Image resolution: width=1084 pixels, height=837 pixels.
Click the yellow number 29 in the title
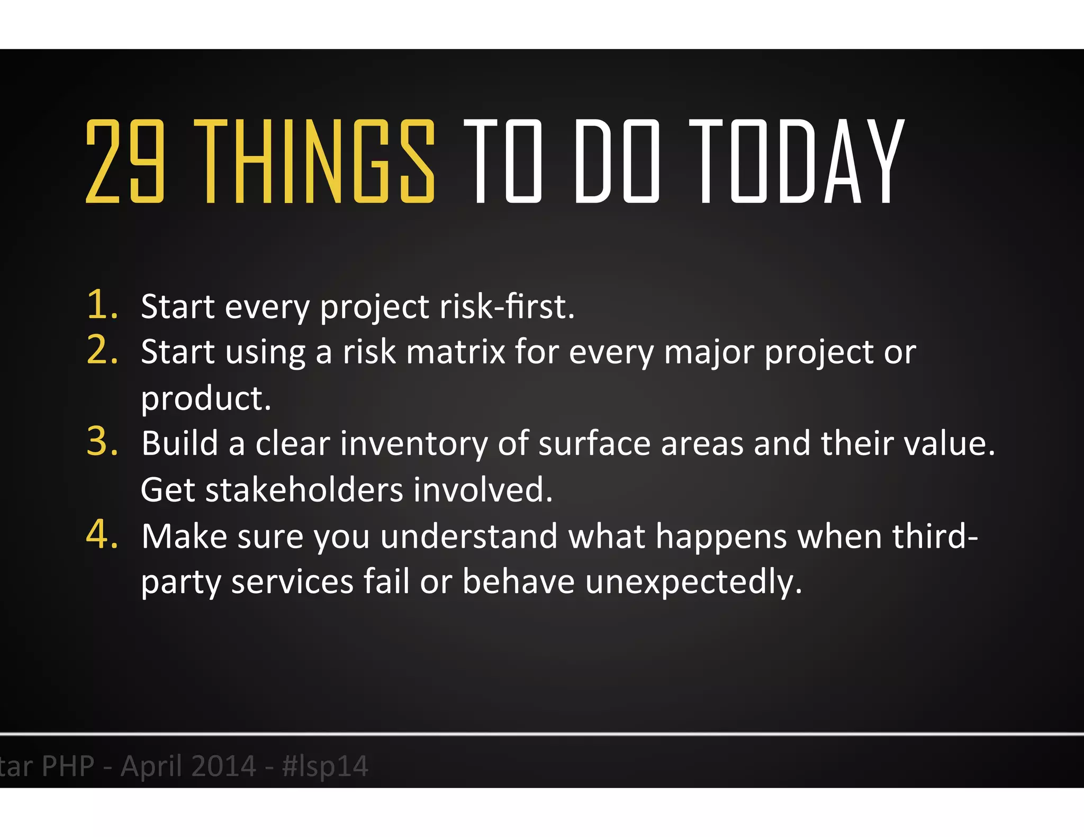tap(125, 161)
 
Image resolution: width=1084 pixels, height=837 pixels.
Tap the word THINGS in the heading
tap(314, 161)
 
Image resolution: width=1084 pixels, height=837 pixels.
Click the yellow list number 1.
tap(102, 305)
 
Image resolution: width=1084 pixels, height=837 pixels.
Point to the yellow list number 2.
tap(102, 350)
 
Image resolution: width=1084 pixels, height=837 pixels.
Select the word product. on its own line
tap(206, 398)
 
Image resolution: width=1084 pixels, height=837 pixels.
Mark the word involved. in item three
tap(483, 489)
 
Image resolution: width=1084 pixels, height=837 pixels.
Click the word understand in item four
tap(469, 536)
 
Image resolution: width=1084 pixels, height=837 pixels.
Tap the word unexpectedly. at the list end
tap(693, 582)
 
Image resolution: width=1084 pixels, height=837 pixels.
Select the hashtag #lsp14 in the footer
tap(325, 766)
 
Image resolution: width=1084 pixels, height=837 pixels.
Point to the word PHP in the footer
tap(68, 766)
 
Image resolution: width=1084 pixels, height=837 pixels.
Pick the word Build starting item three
tap(180, 443)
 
